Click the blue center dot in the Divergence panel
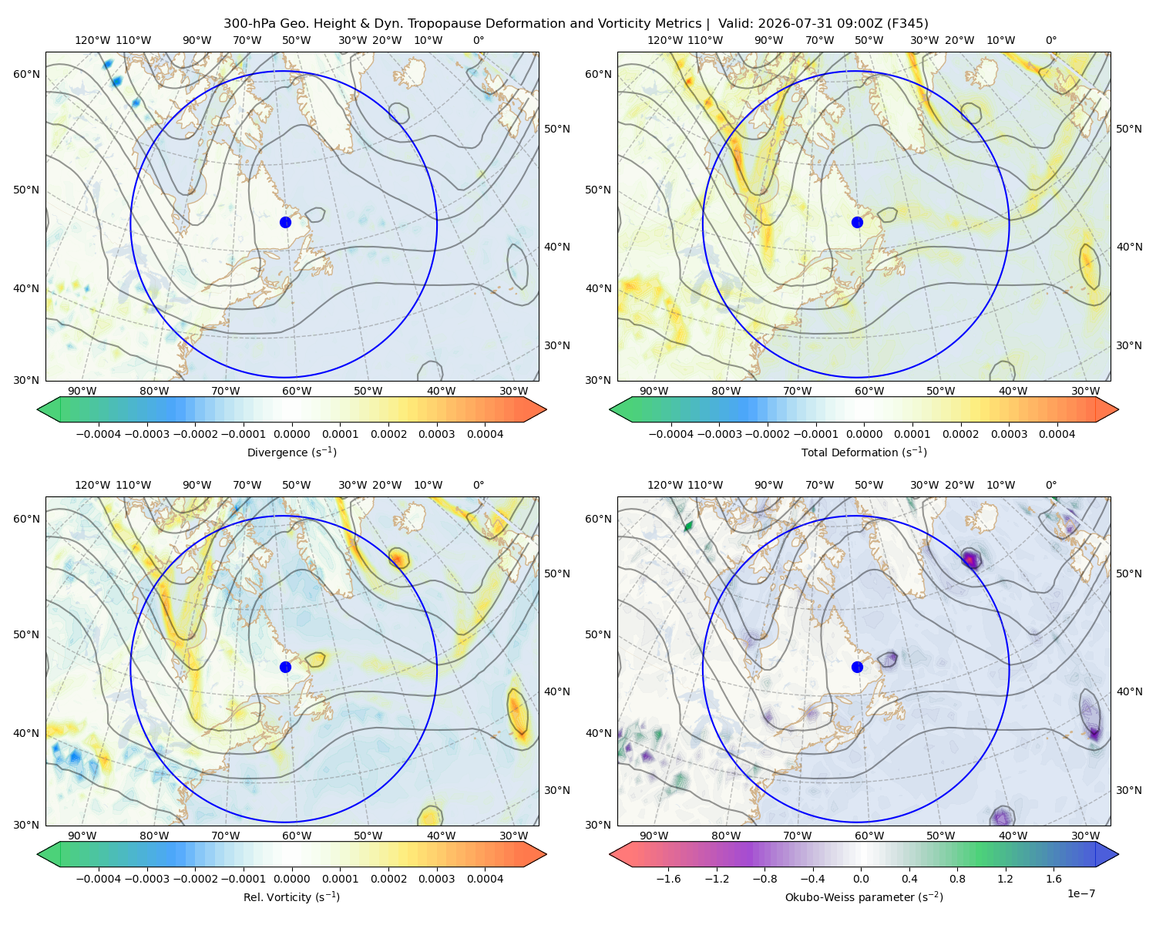click(x=285, y=222)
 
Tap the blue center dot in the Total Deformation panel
click(x=857, y=222)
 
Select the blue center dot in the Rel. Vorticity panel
click(x=285, y=667)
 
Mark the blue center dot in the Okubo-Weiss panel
click(x=857, y=667)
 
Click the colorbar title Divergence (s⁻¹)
click(x=291, y=452)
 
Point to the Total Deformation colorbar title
click(x=864, y=452)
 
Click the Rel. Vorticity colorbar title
click(x=291, y=896)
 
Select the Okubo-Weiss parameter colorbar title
click(x=864, y=896)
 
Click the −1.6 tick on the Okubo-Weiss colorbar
click(x=669, y=878)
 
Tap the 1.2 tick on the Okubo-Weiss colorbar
click(x=1005, y=878)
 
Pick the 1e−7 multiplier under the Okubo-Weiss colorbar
click(x=1080, y=893)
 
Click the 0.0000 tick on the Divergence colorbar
click(x=291, y=434)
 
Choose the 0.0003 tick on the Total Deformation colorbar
click(x=1009, y=434)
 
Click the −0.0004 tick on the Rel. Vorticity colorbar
click(x=99, y=878)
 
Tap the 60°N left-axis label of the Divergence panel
click(x=26, y=74)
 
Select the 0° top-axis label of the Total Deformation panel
click(x=1050, y=40)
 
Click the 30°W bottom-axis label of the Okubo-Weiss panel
click(x=1085, y=836)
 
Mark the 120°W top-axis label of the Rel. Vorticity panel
click(x=92, y=484)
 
